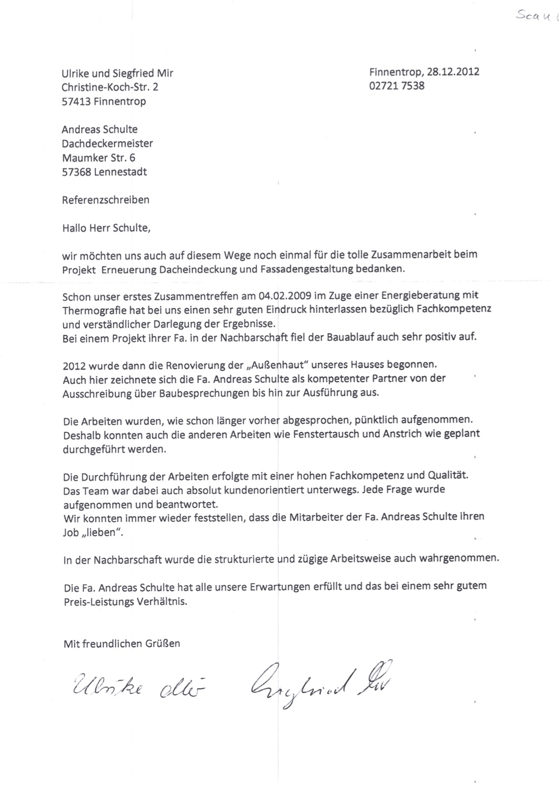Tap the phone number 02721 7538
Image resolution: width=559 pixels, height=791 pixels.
coord(397,86)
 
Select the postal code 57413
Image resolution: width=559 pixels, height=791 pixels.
coord(76,101)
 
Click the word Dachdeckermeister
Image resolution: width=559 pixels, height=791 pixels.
coord(107,144)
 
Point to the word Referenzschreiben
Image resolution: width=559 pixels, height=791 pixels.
coord(106,200)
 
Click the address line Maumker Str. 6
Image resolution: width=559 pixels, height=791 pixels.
coord(98,158)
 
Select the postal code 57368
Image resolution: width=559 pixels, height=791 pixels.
coord(76,172)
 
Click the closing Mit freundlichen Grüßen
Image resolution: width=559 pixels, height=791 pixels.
coord(122,644)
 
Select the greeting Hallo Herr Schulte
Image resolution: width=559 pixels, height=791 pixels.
coord(106,228)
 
